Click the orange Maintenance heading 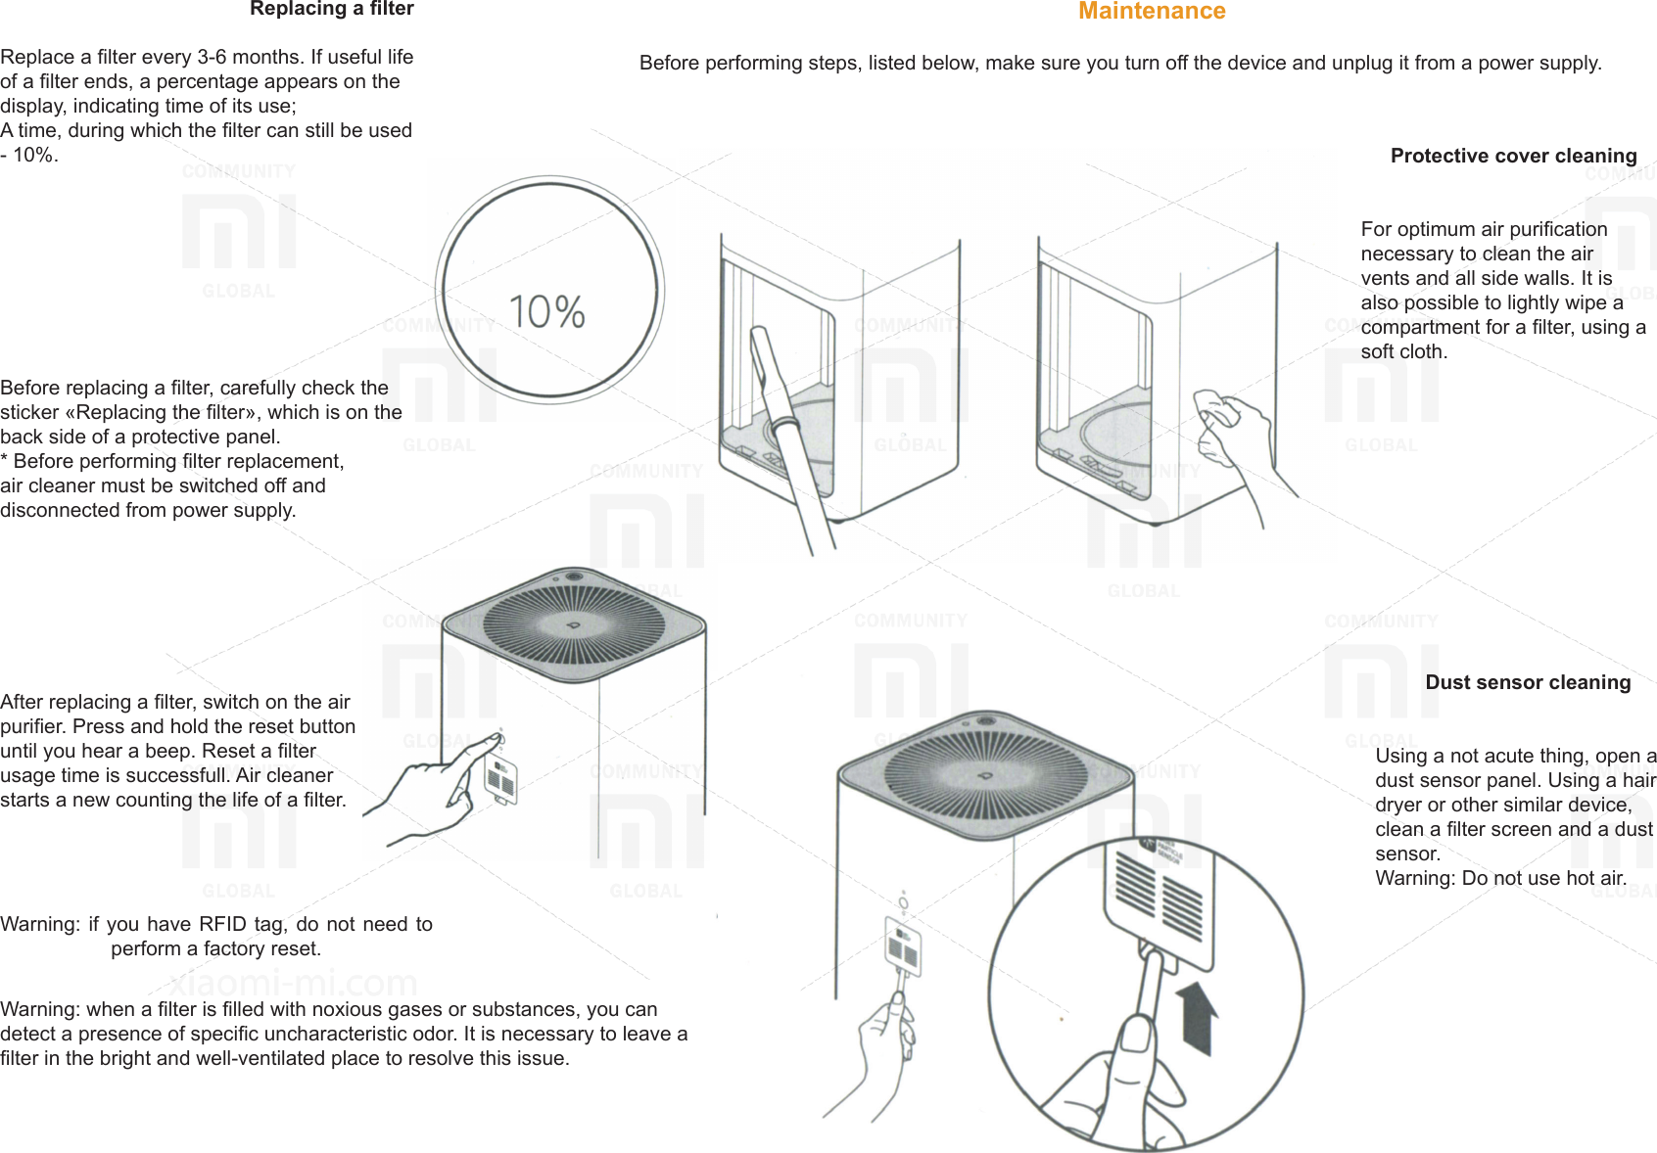click(x=1151, y=12)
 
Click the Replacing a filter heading click(x=331, y=9)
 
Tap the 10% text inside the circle click(x=546, y=312)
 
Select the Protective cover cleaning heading click(x=1513, y=156)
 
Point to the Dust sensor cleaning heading click(x=1527, y=682)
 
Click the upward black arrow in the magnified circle click(x=1196, y=1018)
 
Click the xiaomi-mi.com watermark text click(x=293, y=982)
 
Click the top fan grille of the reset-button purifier click(x=574, y=623)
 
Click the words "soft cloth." click(x=1403, y=351)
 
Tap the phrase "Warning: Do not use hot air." click(x=1500, y=878)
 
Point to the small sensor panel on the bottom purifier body click(x=903, y=945)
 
